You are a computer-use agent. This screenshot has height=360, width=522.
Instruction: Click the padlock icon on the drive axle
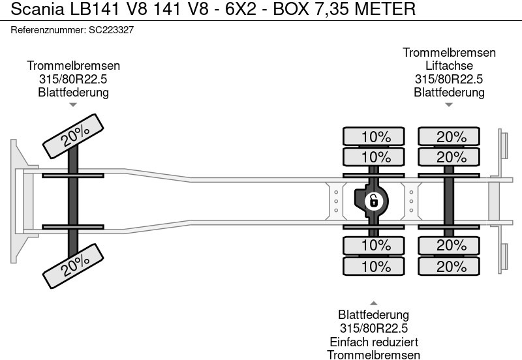coord(373,200)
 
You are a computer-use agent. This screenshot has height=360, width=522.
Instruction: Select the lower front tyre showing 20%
coord(74,263)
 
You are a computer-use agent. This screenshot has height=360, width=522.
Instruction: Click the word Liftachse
coord(449,66)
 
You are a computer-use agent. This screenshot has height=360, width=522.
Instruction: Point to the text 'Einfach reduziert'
coord(374,342)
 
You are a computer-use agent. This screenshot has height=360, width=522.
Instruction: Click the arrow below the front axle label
coord(73,104)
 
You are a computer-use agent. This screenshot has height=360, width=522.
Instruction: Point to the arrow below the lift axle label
coord(449,104)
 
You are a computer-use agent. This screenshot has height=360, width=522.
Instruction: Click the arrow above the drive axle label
coord(374,303)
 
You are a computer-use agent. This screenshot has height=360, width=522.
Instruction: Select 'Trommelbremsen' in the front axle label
coord(73,66)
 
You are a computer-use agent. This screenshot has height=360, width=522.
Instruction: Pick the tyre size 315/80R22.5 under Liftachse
coord(449,80)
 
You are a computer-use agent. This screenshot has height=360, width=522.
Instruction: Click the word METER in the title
coord(383,10)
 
